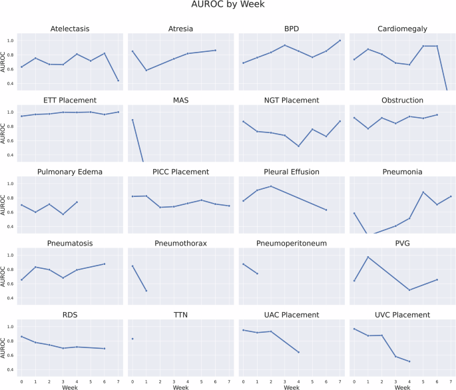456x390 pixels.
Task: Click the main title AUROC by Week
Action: click(228, 8)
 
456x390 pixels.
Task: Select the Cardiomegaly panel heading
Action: click(401, 29)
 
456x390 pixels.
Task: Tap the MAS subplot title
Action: click(180, 100)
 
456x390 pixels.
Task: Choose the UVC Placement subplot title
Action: click(401, 315)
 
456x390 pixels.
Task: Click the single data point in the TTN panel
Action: click(132, 339)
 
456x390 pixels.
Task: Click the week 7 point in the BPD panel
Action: click(340, 41)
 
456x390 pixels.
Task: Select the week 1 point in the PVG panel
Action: click(368, 257)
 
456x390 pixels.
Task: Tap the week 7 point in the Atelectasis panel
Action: click(118, 81)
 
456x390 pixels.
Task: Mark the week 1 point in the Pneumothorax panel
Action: click(146, 291)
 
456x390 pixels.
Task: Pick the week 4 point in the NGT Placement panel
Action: click(299, 146)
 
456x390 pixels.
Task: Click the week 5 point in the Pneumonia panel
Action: click(423, 192)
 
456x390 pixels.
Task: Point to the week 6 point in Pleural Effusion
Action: click(326, 210)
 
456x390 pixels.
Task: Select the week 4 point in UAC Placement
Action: click(299, 352)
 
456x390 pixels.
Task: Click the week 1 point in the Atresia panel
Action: click(146, 70)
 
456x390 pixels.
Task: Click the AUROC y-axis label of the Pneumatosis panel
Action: click(5, 276)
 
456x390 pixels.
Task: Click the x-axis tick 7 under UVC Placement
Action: click(451, 381)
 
